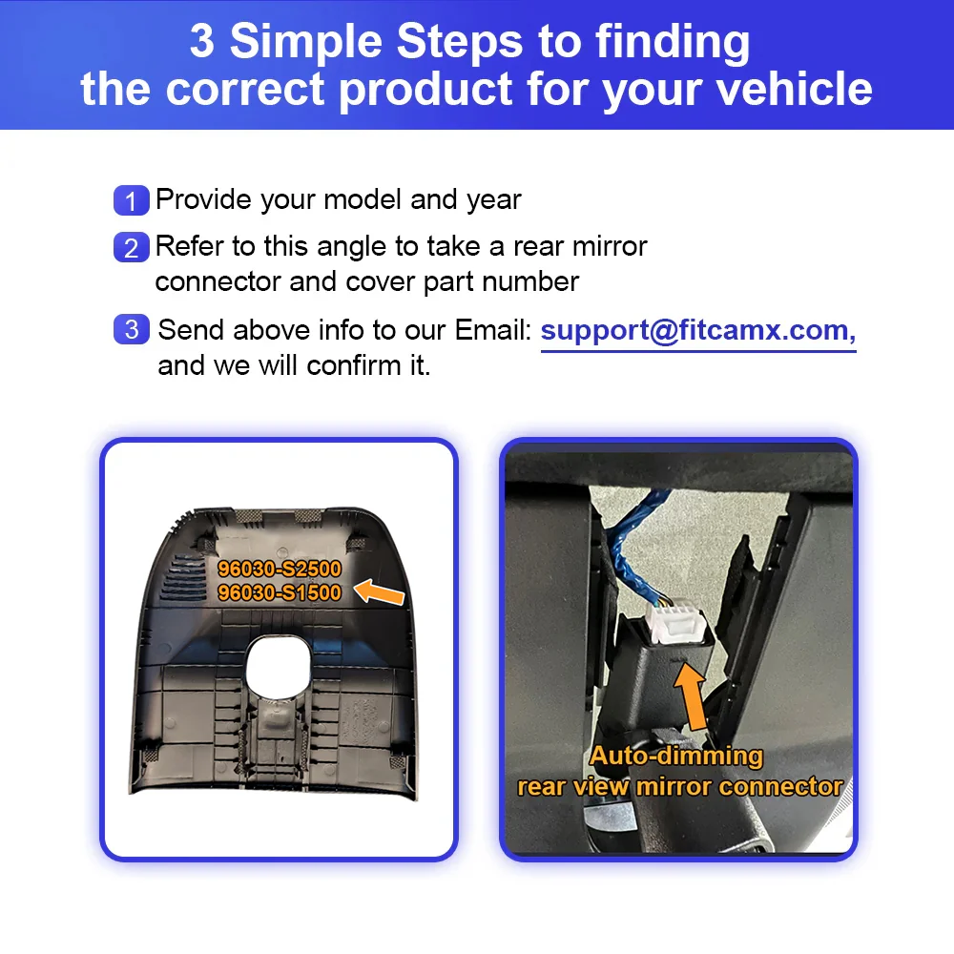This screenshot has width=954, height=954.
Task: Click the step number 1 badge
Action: click(131, 201)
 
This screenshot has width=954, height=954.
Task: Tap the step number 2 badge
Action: click(131, 248)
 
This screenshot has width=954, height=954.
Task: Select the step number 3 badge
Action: click(131, 330)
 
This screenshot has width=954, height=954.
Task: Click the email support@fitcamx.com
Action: click(697, 330)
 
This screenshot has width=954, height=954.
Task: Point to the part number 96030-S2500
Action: click(279, 569)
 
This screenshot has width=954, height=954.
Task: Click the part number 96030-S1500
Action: click(279, 592)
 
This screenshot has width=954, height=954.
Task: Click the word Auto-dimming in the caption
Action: click(675, 757)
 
